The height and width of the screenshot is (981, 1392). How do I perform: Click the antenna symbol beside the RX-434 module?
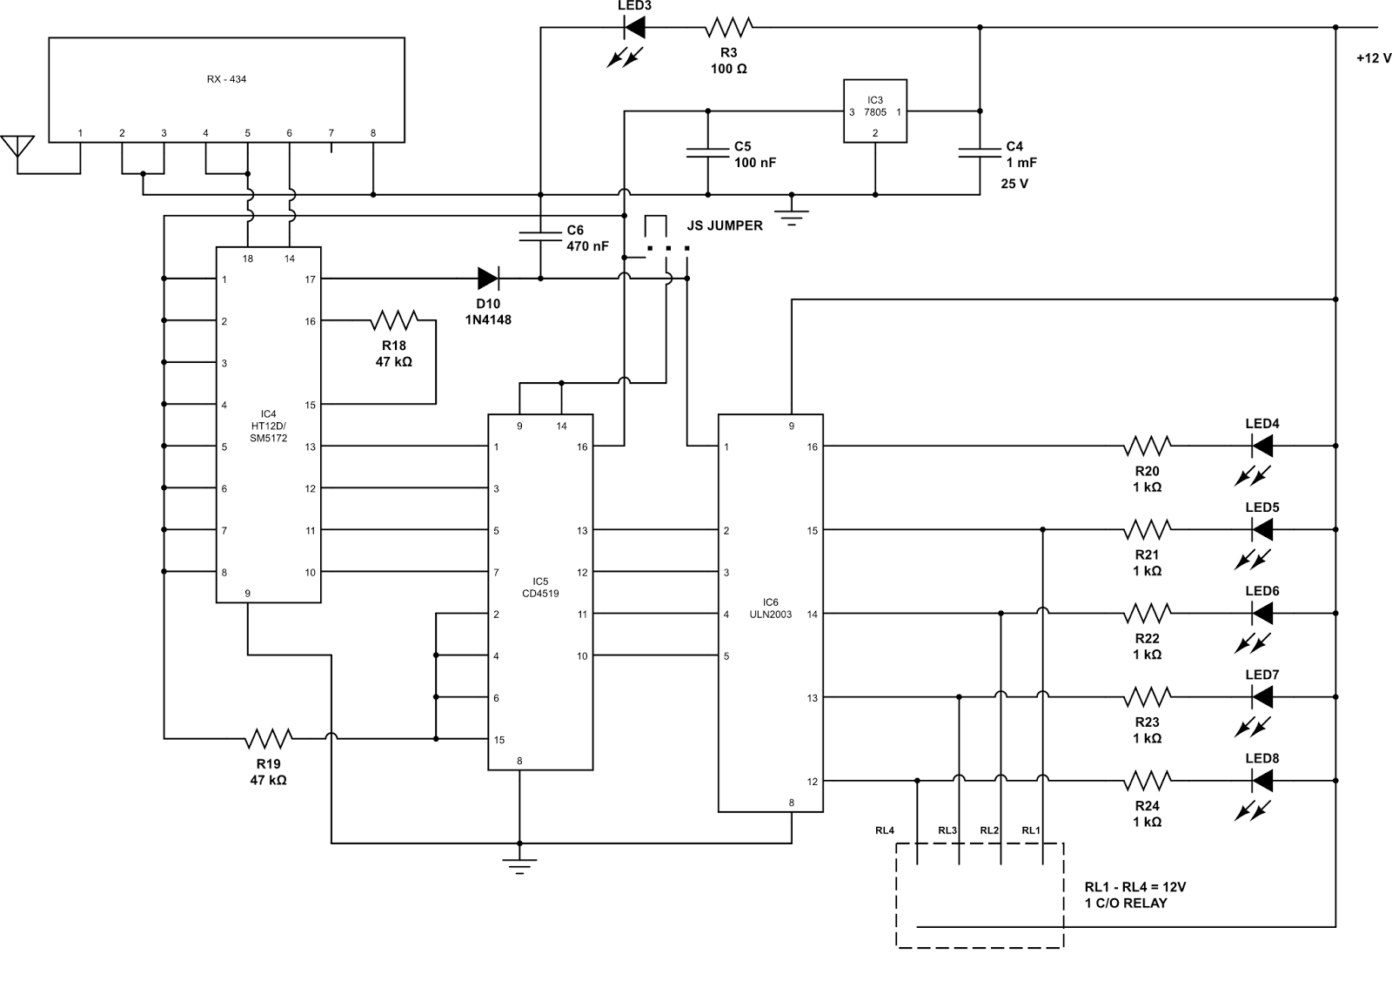click(x=17, y=148)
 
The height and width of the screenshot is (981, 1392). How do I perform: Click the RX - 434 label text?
click(x=226, y=79)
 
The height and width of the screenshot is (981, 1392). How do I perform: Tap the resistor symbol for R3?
click(x=728, y=28)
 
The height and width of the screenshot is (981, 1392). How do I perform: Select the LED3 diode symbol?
click(x=634, y=28)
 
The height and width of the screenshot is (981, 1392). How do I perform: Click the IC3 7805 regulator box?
click(x=875, y=111)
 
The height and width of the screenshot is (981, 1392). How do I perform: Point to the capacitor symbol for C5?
click(x=707, y=152)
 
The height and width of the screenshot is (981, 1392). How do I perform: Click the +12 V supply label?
click(x=1373, y=58)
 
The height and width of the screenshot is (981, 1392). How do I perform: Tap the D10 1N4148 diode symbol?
click(x=488, y=279)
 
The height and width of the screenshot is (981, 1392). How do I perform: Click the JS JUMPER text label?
click(x=725, y=225)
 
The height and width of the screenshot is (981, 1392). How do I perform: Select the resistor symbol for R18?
click(x=394, y=320)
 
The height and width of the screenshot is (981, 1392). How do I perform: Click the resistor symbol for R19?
click(x=268, y=739)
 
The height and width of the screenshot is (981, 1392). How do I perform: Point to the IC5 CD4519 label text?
click(x=540, y=588)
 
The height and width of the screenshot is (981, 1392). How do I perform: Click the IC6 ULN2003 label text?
click(x=771, y=608)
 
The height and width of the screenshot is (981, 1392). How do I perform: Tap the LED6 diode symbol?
click(x=1261, y=614)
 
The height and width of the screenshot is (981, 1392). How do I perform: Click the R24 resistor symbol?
click(x=1147, y=781)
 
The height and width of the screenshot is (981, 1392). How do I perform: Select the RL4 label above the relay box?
click(x=885, y=830)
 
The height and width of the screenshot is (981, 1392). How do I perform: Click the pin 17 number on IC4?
click(x=311, y=279)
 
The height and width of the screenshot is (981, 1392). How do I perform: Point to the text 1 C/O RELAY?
click(x=1126, y=904)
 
